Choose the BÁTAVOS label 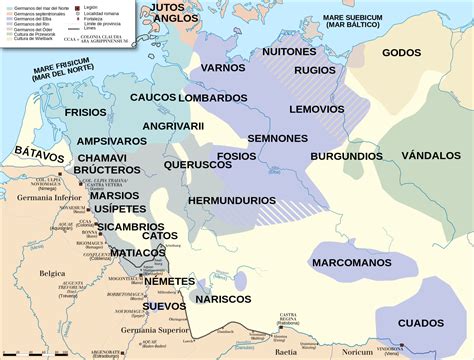(39, 156)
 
